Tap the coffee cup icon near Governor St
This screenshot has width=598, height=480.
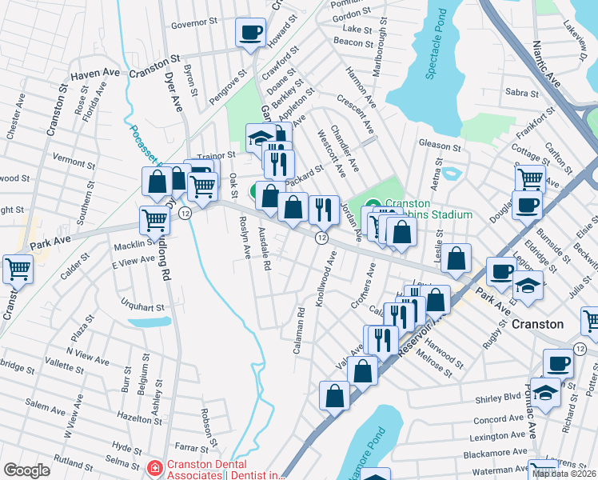click(x=252, y=34)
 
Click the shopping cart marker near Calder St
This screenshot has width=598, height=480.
click(x=18, y=270)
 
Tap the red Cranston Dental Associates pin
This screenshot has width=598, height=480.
click(x=153, y=466)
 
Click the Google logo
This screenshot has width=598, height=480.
click(x=26, y=470)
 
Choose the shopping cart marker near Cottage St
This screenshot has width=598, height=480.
click(x=529, y=178)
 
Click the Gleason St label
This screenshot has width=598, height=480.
click(x=440, y=147)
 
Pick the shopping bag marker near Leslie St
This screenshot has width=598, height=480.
click(x=456, y=259)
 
